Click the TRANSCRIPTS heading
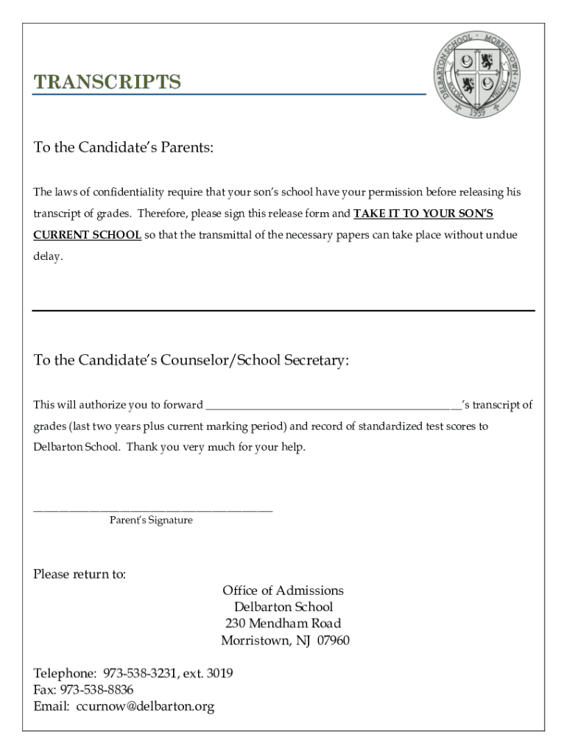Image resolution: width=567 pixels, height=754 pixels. [x=108, y=82]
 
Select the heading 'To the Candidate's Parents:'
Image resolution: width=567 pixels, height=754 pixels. [x=124, y=148]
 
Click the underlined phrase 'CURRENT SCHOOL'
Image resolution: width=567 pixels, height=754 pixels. [x=88, y=235]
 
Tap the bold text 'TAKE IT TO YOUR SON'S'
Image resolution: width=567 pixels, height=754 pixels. [x=423, y=214]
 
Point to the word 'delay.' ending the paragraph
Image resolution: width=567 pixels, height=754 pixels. [x=49, y=257]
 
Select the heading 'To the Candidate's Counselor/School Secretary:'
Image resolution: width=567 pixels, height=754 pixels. [x=191, y=360]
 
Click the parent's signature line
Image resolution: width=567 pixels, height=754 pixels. [x=153, y=509]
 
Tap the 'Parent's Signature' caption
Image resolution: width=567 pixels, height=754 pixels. [x=151, y=520]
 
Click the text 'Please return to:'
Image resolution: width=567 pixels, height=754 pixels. [x=80, y=574]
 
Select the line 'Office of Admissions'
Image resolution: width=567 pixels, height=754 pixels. [x=283, y=591]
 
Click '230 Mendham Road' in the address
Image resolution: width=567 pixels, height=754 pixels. [x=283, y=624]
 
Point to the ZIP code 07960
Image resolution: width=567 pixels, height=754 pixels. [x=333, y=641]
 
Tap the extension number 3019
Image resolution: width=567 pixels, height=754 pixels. [x=220, y=674]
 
